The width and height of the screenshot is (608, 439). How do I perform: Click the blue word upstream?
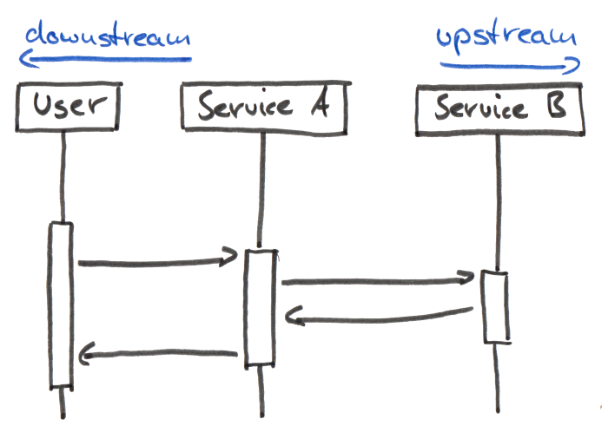(x=506, y=37)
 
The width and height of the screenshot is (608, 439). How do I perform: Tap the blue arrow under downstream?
(x=104, y=59)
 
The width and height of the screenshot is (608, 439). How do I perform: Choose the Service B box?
(x=499, y=110)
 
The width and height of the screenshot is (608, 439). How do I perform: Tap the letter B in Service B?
(x=556, y=109)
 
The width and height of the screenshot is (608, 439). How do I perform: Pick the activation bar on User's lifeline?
(x=61, y=304)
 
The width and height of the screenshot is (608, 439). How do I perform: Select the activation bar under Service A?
(x=259, y=307)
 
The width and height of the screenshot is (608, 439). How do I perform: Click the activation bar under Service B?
(x=496, y=306)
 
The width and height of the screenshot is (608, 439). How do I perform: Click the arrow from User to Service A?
(x=156, y=260)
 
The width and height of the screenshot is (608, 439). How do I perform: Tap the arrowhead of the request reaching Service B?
(x=466, y=278)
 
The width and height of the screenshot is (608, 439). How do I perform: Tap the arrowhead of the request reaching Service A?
(x=230, y=257)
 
